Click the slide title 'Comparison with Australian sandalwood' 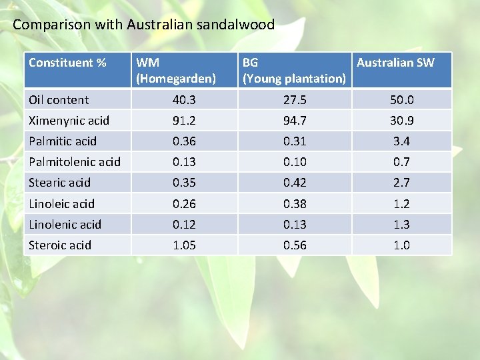143,25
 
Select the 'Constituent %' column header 68,63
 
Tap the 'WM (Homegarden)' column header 176,70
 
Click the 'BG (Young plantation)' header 294,70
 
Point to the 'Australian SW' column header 395,63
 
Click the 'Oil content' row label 59,100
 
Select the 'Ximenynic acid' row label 69,121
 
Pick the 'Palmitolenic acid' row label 75,162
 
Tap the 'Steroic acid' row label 60,245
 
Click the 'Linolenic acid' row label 65,224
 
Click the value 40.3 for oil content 184,100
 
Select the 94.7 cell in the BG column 295,121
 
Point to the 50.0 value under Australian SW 401,100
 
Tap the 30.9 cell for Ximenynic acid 401,121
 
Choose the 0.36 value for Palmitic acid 184,141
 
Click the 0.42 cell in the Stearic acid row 295,183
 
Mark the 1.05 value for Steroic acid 184,245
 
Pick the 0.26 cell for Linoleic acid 184,203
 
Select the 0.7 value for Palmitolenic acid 401,162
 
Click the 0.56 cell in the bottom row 295,245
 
